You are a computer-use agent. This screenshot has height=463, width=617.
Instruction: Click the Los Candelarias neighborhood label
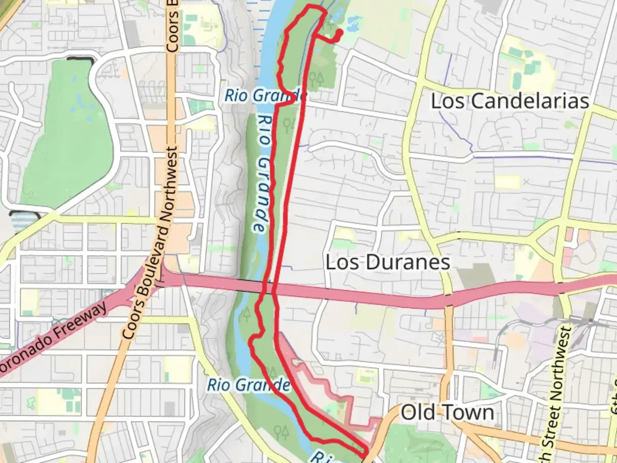point(509,101)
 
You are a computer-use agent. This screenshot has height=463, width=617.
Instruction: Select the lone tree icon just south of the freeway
point(246,314)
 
